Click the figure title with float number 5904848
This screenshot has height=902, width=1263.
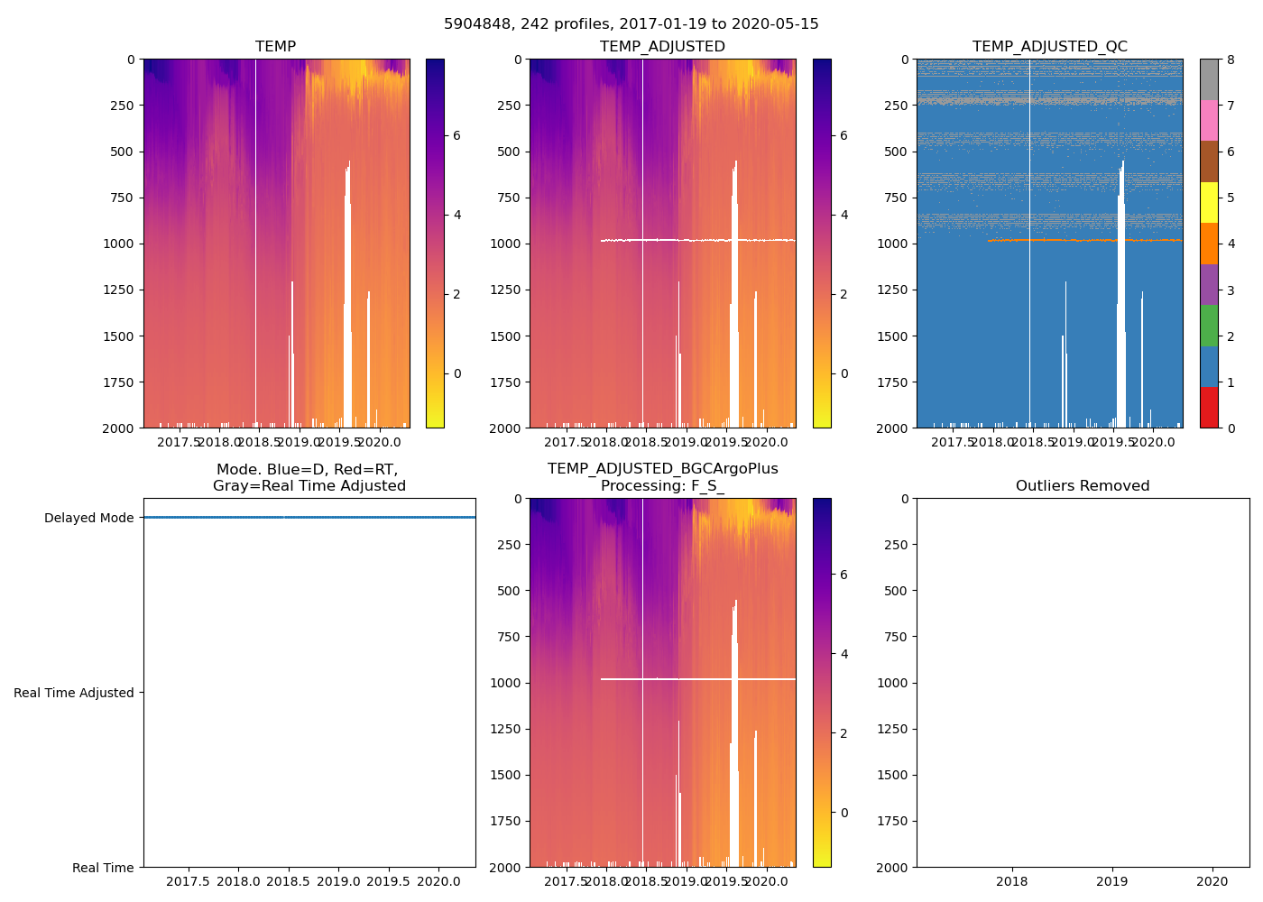[631, 24]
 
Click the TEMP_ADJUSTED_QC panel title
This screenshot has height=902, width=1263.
[1049, 47]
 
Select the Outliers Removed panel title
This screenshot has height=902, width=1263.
[1082, 486]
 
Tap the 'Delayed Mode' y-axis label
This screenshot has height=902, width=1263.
[88, 519]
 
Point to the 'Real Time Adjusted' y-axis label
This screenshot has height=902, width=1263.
[73, 694]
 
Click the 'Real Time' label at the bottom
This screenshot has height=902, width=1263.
[103, 868]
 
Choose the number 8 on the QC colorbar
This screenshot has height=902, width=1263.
[1231, 60]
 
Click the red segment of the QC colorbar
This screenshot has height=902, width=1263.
[1209, 407]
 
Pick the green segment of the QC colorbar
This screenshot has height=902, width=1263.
[1209, 325]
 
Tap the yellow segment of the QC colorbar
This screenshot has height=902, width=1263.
[1209, 202]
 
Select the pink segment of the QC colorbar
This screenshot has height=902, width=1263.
[1209, 120]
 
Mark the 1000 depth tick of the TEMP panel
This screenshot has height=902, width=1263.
[117, 244]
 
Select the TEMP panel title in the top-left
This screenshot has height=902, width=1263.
[275, 47]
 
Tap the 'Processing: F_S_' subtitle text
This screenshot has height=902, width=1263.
[662, 486]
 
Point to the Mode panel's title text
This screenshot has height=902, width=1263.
[309, 478]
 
